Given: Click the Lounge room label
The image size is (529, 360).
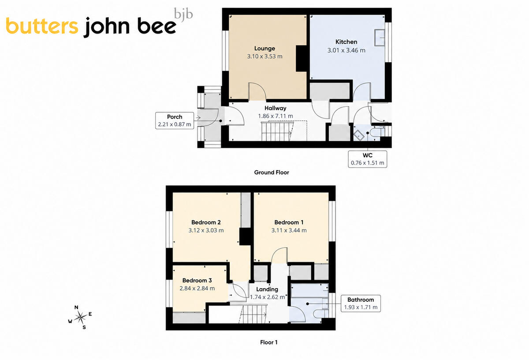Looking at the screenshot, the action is pos(264,49).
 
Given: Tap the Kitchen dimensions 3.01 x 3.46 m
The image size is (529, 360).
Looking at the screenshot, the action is pos(346,50).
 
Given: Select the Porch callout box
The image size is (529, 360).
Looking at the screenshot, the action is pos(175,120).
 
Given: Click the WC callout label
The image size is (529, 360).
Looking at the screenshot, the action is pos(368,155).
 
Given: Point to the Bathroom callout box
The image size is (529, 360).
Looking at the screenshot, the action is pos(361,304).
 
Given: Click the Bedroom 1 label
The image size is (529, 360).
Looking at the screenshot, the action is pos(289,222).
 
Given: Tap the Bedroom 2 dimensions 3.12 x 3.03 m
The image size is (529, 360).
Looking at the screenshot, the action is pos(206,230).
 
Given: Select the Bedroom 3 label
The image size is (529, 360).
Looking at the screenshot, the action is pos(197,281).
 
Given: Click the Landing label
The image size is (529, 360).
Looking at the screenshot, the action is pos(267,289).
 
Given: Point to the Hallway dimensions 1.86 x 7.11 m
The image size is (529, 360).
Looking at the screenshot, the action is pos(276,116).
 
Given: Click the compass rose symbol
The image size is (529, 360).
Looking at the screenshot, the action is pos(80,317).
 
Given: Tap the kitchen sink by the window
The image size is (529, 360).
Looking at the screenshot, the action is pos(380,37).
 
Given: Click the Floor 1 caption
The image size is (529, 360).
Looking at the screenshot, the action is pos(269,342).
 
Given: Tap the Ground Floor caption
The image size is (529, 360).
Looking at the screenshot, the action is pos(272,172).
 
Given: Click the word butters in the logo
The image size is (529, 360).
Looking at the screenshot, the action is pos(42,26).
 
